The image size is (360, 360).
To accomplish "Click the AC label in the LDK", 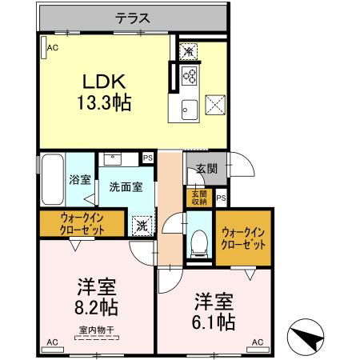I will tap(53, 48).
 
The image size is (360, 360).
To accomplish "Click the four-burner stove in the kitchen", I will tap(190, 77).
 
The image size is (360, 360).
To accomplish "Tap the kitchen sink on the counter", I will tap(190, 110).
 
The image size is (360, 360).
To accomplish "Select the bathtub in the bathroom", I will tap(51, 179).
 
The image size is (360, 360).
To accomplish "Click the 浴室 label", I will tap(80, 180).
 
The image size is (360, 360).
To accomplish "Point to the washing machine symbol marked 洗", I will tap(142, 226).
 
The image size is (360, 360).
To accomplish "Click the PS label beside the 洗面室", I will tap(147, 158).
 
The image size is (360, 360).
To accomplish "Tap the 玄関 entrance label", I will tap(206, 169).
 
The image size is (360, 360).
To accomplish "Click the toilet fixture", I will tap(198, 242).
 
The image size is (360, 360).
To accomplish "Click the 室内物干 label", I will tap(96, 330).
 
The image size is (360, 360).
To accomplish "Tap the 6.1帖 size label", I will tap(215, 322).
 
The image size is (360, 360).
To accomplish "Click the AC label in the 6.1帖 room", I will tap(258, 342).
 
